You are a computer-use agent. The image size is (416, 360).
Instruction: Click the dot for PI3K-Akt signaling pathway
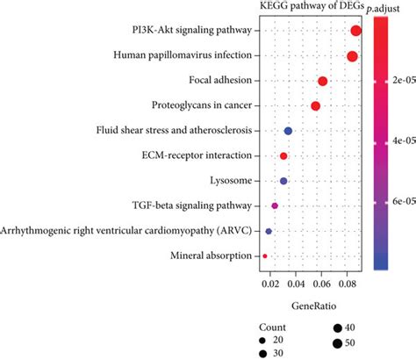(355, 32)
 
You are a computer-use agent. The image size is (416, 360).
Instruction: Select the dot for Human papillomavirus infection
(352, 56)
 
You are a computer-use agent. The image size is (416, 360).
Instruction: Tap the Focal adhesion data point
(322, 82)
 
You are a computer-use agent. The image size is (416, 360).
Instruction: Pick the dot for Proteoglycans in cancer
(315, 106)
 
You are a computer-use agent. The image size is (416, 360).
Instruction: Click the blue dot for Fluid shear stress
(288, 131)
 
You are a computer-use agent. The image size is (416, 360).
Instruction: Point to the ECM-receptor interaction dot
(283, 155)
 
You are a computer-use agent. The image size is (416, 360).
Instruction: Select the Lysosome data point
(283, 181)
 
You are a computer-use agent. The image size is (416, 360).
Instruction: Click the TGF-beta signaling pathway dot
(275, 205)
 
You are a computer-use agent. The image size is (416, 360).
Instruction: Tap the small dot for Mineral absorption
(265, 256)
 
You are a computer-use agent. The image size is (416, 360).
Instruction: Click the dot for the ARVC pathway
(269, 231)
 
